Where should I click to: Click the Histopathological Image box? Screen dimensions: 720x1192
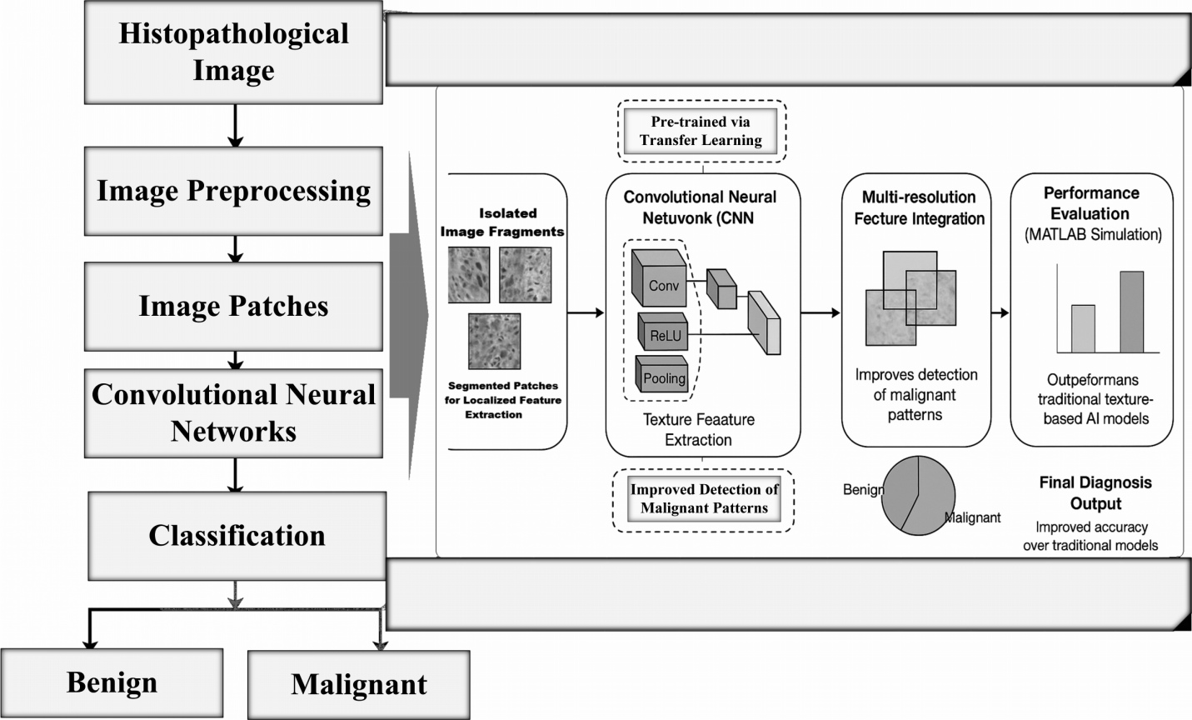[x=233, y=52]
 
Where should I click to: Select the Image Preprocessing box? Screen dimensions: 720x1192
[x=233, y=191]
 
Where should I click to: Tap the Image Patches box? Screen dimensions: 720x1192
[x=233, y=306]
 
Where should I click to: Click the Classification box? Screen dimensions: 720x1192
[x=237, y=535]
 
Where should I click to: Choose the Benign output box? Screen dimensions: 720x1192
[x=112, y=682]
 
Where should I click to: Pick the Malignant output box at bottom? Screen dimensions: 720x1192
[x=358, y=684]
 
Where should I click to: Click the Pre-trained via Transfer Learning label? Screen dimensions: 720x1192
[x=701, y=131]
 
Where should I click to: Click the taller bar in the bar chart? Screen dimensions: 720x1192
[x=1131, y=312]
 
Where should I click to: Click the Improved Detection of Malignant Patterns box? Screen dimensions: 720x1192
[x=704, y=498]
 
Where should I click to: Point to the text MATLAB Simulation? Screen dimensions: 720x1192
[x=1092, y=235]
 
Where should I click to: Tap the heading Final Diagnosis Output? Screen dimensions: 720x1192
[x=1095, y=492]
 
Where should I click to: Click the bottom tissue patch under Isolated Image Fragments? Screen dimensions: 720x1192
[x=494, y=341]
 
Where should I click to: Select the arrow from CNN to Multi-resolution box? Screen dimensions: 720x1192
[x=820, y=313]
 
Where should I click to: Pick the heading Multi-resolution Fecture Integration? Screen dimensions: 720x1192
[x=918, y=207]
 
